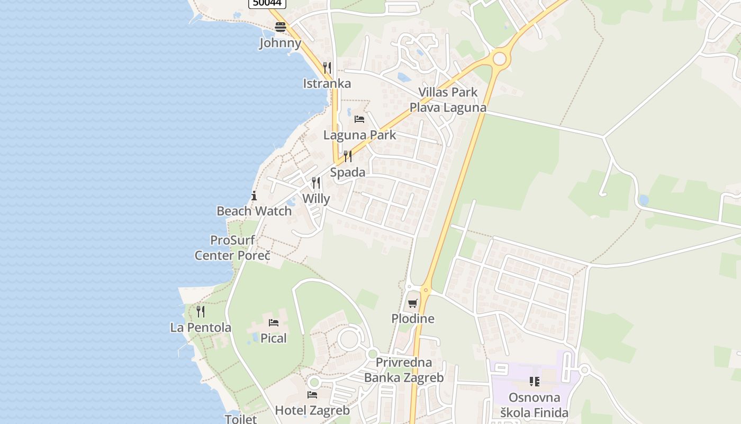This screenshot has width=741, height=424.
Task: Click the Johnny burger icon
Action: (280, 27)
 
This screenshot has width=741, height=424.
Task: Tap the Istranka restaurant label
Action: (327, 83)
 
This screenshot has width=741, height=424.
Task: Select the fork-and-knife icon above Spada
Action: (347, 156)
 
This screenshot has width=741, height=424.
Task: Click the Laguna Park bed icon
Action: (359, 119)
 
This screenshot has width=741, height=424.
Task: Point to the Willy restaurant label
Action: (316, 199)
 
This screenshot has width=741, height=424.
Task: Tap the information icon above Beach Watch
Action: (254, 196)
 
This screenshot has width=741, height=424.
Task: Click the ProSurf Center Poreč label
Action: (232, 248)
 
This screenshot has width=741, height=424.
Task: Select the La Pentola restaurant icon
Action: (201, 311)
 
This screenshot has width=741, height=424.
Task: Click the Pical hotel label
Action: (273, 338)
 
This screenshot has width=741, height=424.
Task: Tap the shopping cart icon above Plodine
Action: (412, 304)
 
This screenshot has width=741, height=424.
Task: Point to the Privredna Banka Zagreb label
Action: (404, 370)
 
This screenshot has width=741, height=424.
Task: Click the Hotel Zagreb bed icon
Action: (312, 395)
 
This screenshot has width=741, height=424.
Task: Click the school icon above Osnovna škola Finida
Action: (535, 382)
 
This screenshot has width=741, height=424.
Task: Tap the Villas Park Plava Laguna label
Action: (448, 100)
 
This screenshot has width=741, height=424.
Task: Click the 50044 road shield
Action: (267, 3)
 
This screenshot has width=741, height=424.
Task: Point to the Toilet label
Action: (241, 419)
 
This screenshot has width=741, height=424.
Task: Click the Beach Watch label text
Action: (254, 211)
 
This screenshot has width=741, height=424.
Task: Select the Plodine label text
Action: (413, 319)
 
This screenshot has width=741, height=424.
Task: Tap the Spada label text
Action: (348, 172)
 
